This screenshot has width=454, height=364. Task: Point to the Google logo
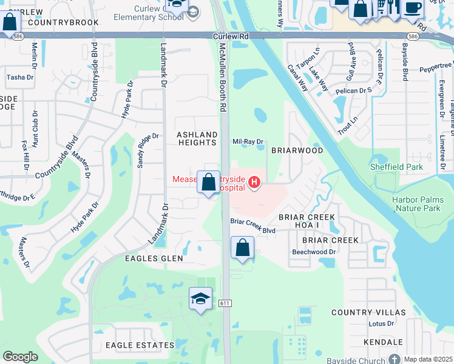click(x=20, y=357)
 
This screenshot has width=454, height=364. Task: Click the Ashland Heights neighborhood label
click(x=196, y=138)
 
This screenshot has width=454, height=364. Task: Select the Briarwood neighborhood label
click(x=297, y=150)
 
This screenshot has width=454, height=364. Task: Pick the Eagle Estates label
click(x=140, y=345)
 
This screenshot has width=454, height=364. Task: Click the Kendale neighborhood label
click(x=384, y=343)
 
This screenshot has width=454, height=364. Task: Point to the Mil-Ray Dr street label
click(x=248, y=142)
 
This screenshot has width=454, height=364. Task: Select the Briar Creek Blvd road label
click(x=253, y=231)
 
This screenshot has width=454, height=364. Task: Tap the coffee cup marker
click(x=412, y=8)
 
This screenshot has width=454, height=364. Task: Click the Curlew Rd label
click(x=231, y=36)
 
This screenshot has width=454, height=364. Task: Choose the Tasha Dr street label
click(x=20, y=78)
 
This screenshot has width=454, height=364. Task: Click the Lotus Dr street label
click(x=382, y=324)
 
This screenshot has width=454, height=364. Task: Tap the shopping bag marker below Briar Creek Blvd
click(x=242, y=248)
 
